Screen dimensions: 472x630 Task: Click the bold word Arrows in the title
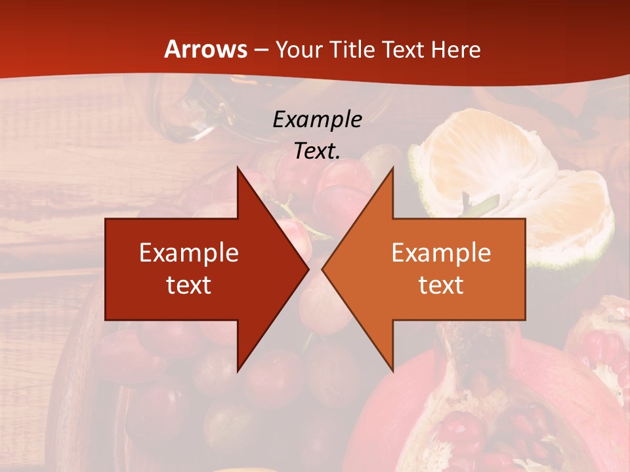click(x=205, y=49)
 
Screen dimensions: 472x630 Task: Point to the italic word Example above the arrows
click(x=317, y=119)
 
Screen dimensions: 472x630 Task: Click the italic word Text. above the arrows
click(x=317, y=151)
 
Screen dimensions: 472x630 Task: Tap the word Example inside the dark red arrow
click(x=189, y=253)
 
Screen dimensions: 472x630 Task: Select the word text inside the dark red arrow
click(x=189, y=285)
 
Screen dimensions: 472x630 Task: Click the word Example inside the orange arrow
click(x=441, y=253)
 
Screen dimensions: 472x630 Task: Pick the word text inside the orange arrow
click(x=441, y=285)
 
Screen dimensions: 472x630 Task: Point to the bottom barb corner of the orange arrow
click(x=392, y=369)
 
